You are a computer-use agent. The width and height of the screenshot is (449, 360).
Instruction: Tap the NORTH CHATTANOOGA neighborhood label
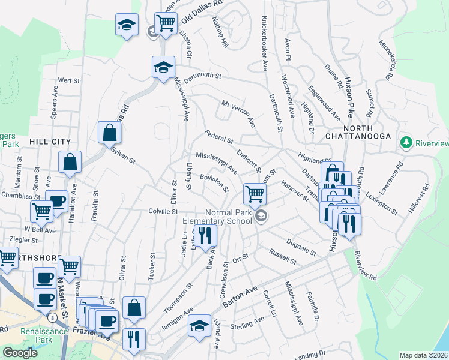367,133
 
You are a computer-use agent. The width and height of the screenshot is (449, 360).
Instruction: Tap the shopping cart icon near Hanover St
255,193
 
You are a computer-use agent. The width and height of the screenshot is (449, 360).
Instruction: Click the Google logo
20,353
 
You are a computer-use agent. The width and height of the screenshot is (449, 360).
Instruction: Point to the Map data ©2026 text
424,355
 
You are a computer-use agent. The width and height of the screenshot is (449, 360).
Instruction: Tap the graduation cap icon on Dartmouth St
162,67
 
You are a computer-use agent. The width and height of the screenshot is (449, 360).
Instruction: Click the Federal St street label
218,137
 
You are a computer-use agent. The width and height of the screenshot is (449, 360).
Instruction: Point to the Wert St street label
69,80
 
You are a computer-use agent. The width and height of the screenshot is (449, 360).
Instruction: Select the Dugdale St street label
301,247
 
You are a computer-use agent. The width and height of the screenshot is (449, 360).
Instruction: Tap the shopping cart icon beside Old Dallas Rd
166,23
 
